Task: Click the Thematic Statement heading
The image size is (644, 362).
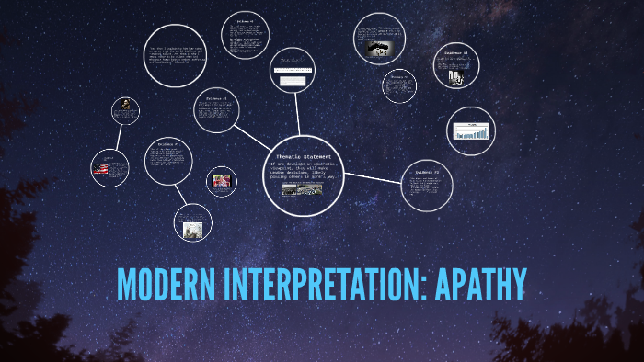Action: click(304, 156)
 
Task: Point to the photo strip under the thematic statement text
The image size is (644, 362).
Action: click(304, 190)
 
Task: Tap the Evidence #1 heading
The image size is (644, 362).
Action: click(217, 97)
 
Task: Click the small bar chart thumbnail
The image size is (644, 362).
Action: click(470, 133)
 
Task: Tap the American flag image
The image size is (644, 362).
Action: click(109, 168)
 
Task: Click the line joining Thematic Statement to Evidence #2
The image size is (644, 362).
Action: click(373, 176)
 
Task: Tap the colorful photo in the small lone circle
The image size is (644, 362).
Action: click(221, 181)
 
